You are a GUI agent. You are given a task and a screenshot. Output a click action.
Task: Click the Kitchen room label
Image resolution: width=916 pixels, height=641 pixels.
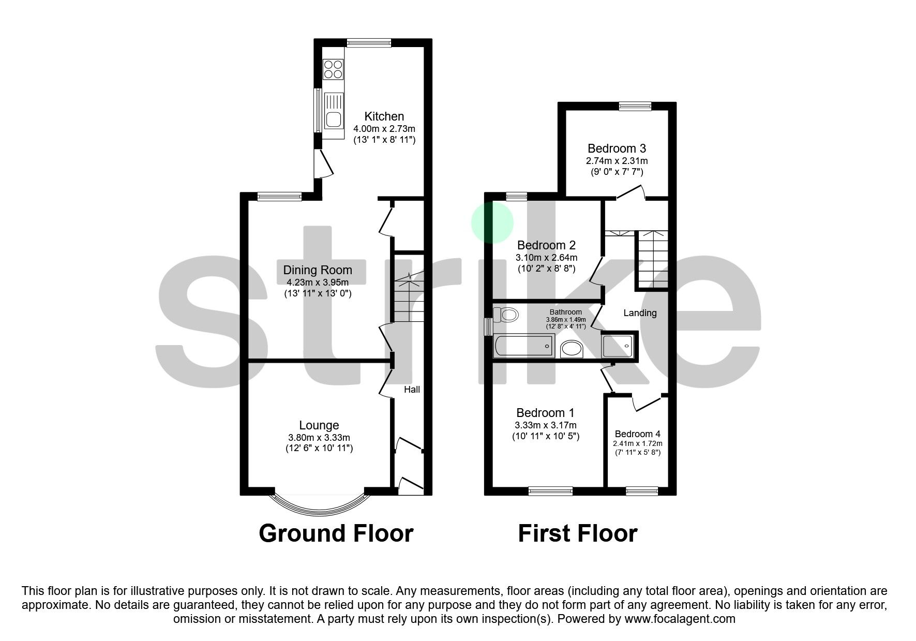384,116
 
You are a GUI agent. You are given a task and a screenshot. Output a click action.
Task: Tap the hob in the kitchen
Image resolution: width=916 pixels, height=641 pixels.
333,69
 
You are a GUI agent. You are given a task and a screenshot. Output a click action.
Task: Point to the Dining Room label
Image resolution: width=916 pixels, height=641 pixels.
318,270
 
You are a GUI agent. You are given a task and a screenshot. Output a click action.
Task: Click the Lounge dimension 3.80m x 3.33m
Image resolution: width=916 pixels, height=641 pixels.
319,438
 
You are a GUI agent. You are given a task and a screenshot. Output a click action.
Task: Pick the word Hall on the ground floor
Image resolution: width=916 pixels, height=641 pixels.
412,390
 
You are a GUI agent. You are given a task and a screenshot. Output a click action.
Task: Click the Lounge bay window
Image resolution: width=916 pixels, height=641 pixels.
320,501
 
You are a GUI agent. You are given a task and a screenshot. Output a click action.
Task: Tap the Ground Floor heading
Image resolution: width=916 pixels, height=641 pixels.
336,533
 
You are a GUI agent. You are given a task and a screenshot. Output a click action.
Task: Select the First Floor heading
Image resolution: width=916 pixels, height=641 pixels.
578,533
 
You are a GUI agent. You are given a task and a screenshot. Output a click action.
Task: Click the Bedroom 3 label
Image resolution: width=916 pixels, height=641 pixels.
617,149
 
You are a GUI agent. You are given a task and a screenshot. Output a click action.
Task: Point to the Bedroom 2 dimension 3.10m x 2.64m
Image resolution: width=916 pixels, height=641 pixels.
546,258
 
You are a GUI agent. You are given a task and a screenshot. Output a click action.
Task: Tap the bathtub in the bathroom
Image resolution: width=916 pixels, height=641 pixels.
524,346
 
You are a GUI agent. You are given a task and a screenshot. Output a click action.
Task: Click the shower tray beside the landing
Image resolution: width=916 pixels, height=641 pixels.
617,346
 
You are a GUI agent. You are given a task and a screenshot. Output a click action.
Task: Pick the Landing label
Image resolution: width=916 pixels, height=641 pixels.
640,313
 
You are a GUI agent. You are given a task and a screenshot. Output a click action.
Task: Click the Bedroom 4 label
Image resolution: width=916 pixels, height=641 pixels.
637,434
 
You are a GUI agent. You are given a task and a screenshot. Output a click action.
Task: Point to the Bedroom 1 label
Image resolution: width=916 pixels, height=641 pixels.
545,413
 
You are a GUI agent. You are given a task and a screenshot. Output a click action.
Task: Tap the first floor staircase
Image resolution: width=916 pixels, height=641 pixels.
652,259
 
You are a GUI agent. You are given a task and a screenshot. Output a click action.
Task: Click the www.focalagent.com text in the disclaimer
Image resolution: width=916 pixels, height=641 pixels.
680,619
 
